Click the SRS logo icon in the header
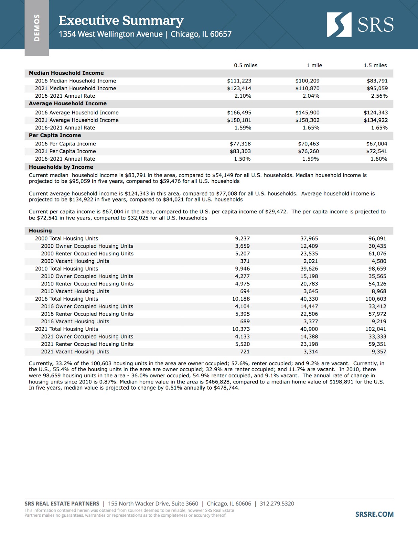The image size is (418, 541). pyautogui.click(x=339, y=25)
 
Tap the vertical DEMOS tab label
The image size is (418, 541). pyautogui.click(x=37, y=28)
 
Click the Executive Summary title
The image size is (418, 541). pyautogui.click(x=121, y=21)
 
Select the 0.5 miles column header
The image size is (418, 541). pyautogui.click(x=246, y=65)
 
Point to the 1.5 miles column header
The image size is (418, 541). pyautogui.click(x=375, y=65)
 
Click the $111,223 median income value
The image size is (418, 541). pyautogui.click(x=239, y=81)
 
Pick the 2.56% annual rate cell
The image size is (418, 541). pyautogui.click(x=379, y=96)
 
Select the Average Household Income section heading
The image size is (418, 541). pyautogui.click(x=68, y=103)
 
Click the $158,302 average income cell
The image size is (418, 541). pyautogui.click(x=307, y=120)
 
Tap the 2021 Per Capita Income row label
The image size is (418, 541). pyautogui.click(x=65, y=151)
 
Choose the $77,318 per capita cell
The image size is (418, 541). pyautogui.click(x=240, y=144)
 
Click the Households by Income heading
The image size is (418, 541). pyautogui.click(x=61, y=167)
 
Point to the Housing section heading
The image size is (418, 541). pyautogui.click(x=40, y=231)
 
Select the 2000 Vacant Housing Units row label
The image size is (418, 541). pyautogui.click(x=75, y=261)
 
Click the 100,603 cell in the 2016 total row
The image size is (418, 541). pyautogui.click(x=376, y=299)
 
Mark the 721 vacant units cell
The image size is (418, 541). pyautogui.click(x=245, y=352)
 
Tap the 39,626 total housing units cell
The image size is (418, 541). pyautogui.click(x=309, y=269)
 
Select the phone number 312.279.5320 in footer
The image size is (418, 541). pyautogui.click(x=277, y=503)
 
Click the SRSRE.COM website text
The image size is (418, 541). pyautogui.click(x=374, y=514)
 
